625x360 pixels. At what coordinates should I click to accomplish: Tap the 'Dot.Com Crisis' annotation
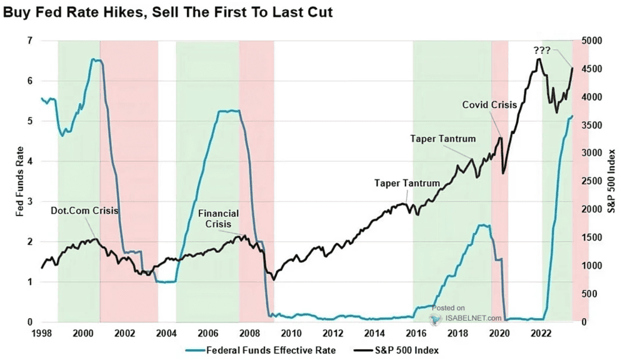[x=84, y=211]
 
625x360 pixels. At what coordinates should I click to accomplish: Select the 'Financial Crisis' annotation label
[x=218, y=218]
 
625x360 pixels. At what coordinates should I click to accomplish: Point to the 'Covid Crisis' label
[x=489, y=104]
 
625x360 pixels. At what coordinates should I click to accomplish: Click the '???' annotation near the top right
[x=542, y=49]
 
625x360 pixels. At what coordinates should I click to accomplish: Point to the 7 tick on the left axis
[x=27, y=41]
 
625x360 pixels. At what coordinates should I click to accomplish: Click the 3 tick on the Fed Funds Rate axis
[x=27, y=201]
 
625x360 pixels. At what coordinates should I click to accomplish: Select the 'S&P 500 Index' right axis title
[x=613, y=181]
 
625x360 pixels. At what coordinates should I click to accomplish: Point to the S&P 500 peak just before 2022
[x=538, y=59]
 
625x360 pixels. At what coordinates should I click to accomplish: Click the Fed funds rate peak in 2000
[x=93, y=59]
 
